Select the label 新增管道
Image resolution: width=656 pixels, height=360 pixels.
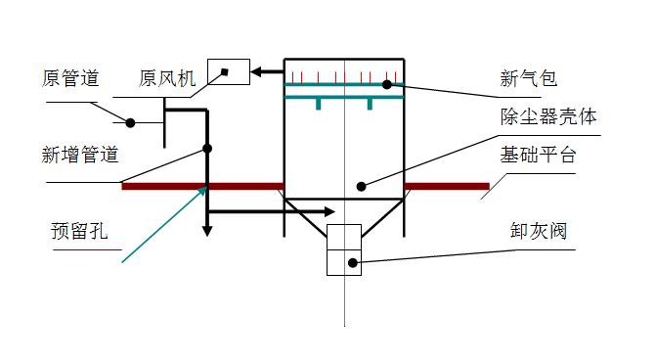(x=80, y=154)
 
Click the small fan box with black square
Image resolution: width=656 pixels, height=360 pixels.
(x=228, y=71)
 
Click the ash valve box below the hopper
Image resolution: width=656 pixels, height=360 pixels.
(x=344, y=249)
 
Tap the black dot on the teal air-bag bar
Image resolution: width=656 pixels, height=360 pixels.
(x=387, y=85)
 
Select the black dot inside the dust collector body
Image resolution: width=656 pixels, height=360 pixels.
(x=361, y=186)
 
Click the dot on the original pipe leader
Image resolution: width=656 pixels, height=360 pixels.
(x=130, y=122)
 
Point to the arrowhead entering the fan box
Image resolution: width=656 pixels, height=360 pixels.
(x=256, y=71)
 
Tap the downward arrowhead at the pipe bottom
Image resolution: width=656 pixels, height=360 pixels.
(x=206, y=231)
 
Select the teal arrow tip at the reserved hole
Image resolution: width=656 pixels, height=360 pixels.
(x=205, y=186)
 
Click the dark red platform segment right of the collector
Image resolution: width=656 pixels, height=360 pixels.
(x=447, y=186)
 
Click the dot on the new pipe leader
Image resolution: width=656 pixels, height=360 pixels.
(x=206, y=149)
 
